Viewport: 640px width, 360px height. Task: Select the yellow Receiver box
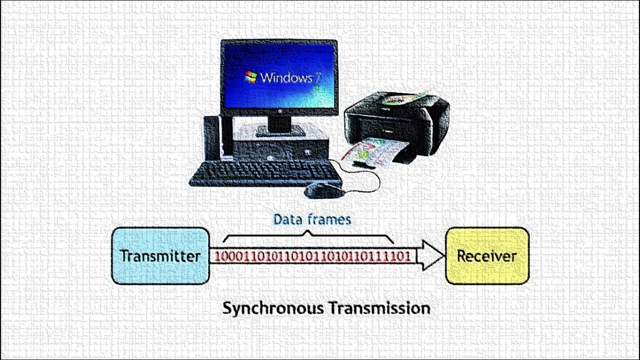point(486,270)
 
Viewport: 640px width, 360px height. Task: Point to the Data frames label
point(312,219)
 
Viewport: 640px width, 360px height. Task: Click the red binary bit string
point(313,256)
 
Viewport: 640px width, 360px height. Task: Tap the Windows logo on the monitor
point(251,77)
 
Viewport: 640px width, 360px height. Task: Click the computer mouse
point(323,190)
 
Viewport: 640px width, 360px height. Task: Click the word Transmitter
point(160,256)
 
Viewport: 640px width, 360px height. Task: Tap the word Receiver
point(486,256)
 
